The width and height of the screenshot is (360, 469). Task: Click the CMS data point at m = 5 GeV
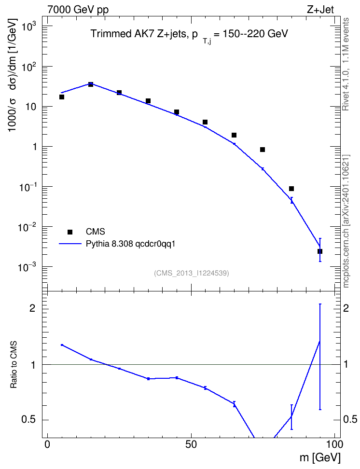(62, 97)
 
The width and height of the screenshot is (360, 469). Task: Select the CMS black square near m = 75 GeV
(263, 150)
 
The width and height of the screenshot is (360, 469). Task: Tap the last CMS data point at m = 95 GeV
(320, 251)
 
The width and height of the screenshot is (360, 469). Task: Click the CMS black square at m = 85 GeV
(291, 189)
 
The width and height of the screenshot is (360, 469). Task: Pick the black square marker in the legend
(70, 232)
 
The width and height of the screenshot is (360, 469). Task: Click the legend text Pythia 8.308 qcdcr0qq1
(130, 244)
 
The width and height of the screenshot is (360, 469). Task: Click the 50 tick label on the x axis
(191, 444)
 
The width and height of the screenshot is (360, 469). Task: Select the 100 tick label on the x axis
(333, 444)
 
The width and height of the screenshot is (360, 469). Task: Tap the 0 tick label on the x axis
(47, 444)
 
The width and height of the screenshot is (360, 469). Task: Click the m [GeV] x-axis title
(319, 458)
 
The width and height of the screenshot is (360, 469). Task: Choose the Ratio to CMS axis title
(14, 365)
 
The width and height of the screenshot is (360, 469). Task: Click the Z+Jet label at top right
(320, 9)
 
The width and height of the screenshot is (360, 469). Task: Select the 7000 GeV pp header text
(78, 10)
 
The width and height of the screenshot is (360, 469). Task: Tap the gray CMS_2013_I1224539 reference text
(192, 273)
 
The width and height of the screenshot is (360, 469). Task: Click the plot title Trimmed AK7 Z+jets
(139, 33)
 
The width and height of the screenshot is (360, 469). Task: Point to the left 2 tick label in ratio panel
(32, 308)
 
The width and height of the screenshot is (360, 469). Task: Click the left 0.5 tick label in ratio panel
(28, 420)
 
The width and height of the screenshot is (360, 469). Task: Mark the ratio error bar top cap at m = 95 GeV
(320, 304)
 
